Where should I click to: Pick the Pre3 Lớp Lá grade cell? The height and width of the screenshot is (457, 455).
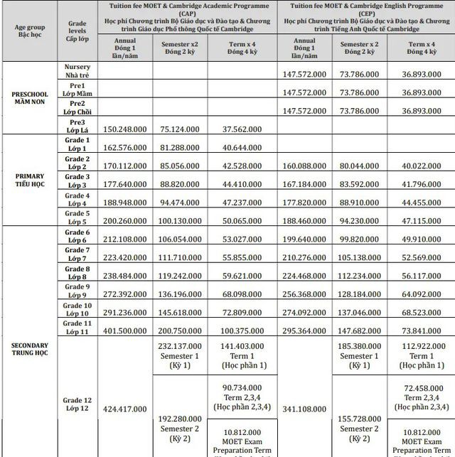[77, 126]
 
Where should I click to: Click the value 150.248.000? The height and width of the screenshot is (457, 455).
[129, 129]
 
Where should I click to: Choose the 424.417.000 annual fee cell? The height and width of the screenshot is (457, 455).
[129, 409]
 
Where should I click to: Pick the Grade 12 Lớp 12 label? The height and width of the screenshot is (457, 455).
[77, 404]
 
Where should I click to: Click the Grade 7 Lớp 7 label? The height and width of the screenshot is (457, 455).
[77, 254]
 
